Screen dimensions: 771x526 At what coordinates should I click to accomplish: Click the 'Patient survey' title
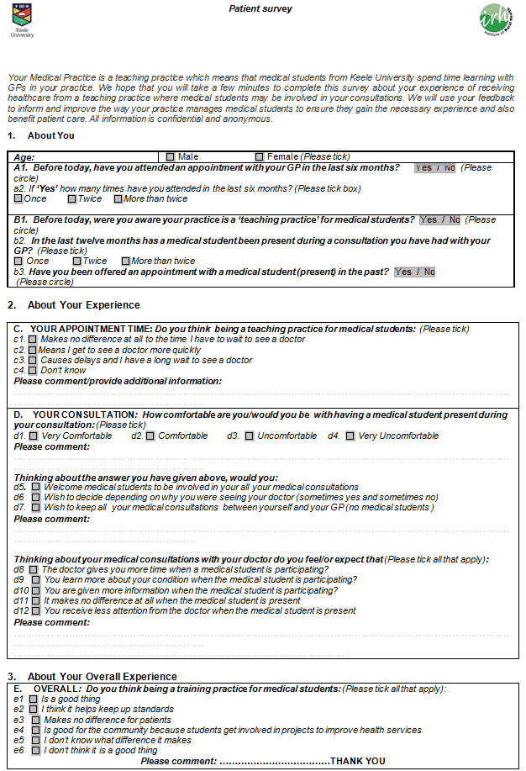(x=260, y=8)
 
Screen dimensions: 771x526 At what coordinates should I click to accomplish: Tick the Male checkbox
(x=171, y=156)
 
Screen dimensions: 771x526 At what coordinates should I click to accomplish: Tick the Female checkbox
(x=260, y=156)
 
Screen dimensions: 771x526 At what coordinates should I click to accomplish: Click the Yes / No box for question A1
(x=435, y=168)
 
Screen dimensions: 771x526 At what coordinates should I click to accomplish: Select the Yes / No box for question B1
(x=440, y=220)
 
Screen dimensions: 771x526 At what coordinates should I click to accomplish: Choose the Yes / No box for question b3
(x=415, y=272)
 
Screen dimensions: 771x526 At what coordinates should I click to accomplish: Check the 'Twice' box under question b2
(x=77, y=261)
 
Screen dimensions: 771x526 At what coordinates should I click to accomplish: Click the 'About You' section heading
(x=50, y=135)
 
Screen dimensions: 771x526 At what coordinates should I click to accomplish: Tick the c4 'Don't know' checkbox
(x=32, y=371)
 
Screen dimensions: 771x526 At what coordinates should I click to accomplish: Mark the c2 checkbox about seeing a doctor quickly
(x=32, y=350)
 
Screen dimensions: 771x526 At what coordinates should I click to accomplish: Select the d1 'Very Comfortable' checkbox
(x=33, y=436)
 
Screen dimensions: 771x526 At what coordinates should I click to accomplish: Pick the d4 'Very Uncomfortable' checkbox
(x=350, y=436)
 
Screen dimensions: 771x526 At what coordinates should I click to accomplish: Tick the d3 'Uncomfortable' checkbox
(x=249, y=436)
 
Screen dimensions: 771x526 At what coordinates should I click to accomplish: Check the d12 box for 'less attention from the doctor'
(x=35, y=611)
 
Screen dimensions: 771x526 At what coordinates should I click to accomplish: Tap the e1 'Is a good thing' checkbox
(x=33, y=700)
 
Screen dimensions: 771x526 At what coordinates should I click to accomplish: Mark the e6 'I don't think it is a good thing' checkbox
(x=35, y=751)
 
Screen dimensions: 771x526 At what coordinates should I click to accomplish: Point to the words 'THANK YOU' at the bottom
(x=358, y=762)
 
